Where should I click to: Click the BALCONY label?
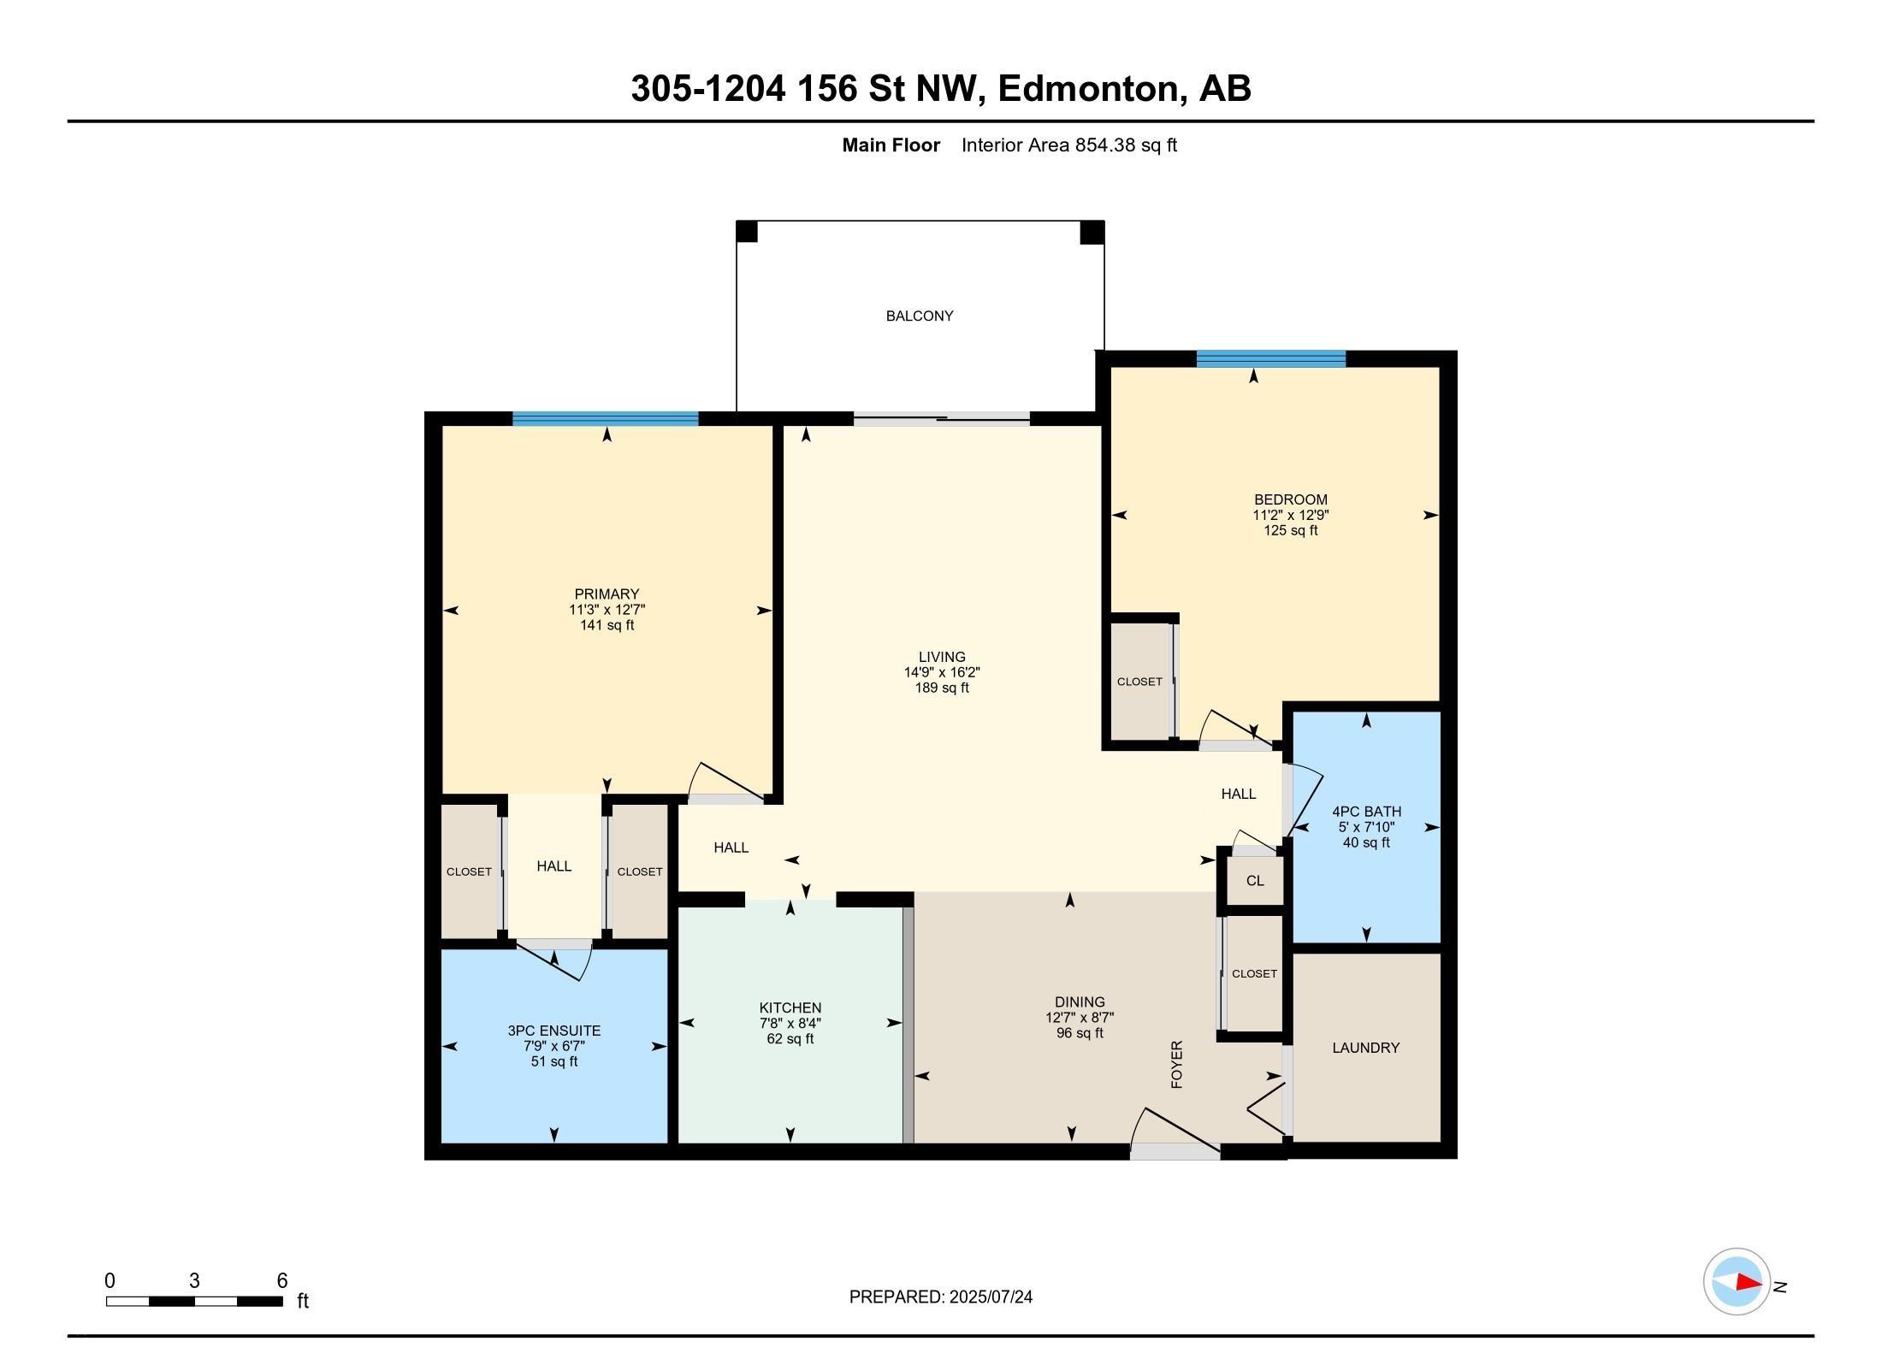click(920, 316)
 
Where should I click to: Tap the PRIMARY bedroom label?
click(607, 594)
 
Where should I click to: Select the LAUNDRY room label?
click(1366, 1048)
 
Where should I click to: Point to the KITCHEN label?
click(790, 1008)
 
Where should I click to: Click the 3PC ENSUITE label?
click(554, 1031)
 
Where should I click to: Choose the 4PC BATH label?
click(1367, 812)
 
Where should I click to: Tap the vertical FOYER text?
click(1177, 1065)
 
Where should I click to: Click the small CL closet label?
click(1255, 881)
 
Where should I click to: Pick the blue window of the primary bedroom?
click(606, 419)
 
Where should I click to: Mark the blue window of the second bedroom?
click(1271, 358)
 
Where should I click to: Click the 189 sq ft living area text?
click(942, 688)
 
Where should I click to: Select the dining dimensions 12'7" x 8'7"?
click(1080, 1018)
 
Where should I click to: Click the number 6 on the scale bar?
click(282, 1280)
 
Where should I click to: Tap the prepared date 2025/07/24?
click(991, 1297)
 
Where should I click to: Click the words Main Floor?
click(891, 145)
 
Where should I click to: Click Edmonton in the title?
click(1087, 88)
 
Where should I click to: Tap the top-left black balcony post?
click(747, 232)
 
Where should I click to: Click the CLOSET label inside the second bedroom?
click(1139, 682)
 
